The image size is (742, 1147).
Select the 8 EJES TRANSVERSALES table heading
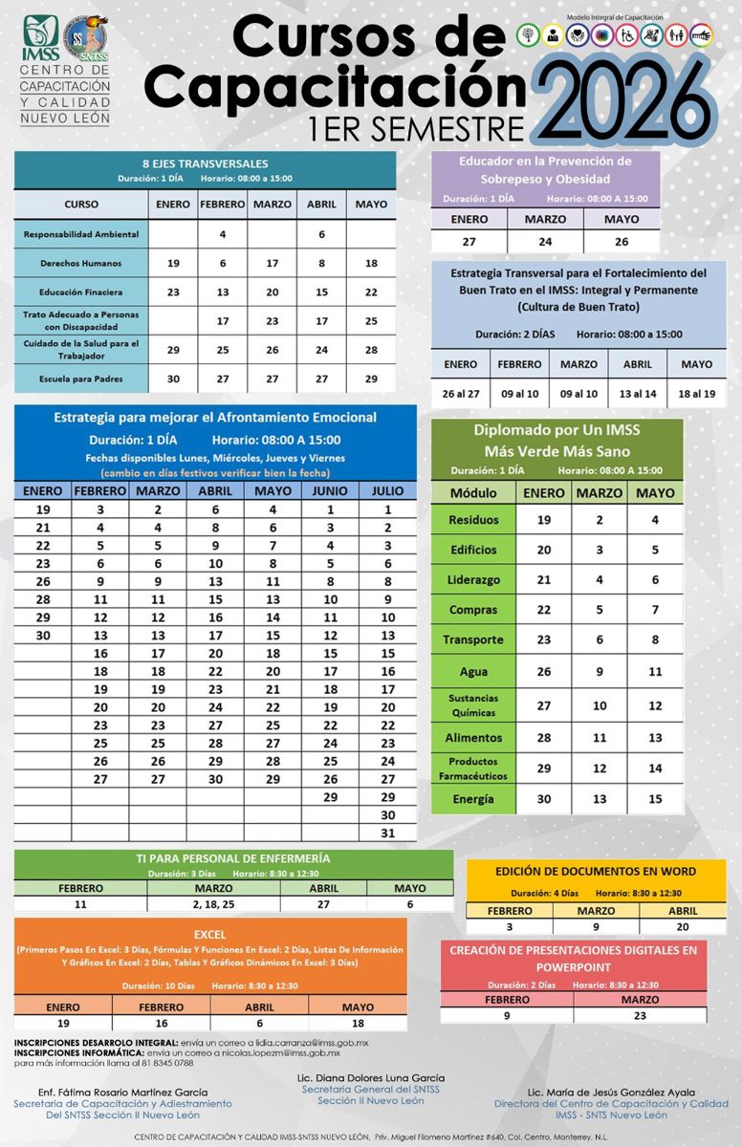point(205,163)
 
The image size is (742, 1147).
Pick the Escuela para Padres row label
point(81,379)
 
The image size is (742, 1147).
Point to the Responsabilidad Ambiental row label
point(81,233)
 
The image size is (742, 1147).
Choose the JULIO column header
point(387,490)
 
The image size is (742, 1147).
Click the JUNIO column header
point(331,490)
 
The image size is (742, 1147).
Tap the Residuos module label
point(473,520)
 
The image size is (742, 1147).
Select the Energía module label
point(473,799)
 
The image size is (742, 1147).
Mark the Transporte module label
point(473,639)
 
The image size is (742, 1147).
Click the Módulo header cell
point(473,493)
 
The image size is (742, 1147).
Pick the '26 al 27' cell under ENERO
point(460,394)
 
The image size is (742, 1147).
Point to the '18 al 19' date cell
point(696,394)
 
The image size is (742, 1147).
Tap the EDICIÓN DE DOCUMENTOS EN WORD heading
point(596,871)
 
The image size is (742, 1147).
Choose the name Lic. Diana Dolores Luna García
point(371,1077)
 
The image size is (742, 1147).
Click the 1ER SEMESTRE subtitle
point(417,128)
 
